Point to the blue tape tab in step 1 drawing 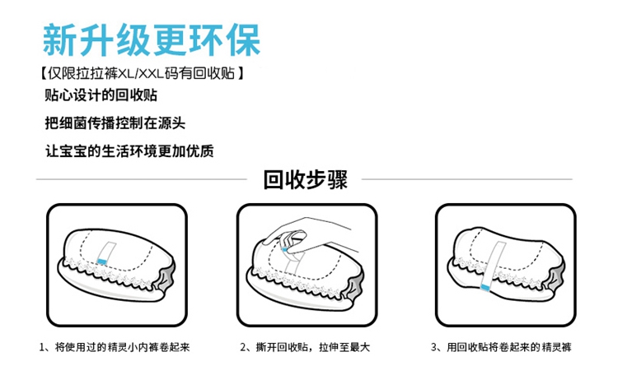pyautogui.click(x=102, y=260)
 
